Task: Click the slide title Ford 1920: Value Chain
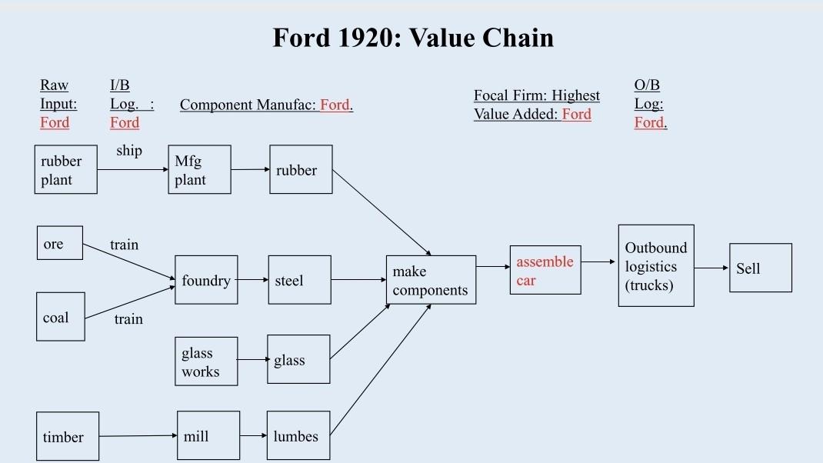(413, 38)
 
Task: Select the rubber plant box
(66, 170)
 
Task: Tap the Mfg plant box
(199, 170)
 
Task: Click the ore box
(60, 244)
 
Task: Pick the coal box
(61, 317)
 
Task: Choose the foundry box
(206, 281)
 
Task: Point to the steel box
(299, 281)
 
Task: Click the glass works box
(206, 361)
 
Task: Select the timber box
(68, 436)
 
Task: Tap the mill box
(208, 436)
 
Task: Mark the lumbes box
(298, 436)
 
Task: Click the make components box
(431, 281)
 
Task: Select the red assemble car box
(545, 271)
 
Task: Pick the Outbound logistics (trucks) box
(656, 266)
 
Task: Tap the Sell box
(760, 268)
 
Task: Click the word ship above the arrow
(129, 151)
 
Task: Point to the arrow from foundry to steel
(252, 281)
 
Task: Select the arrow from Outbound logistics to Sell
(711, 268)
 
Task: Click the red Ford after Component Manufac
(335, 105)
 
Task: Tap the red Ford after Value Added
(577, 115)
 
